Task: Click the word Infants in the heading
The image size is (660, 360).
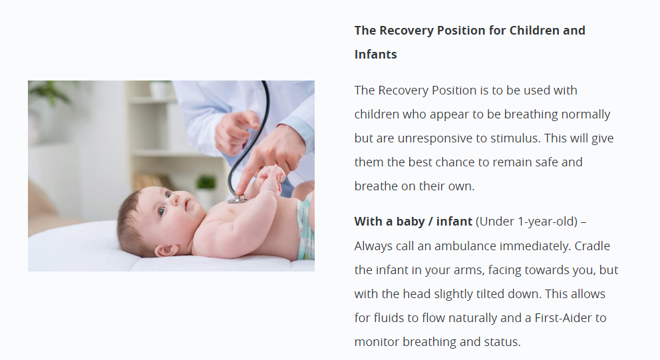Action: point(375,55)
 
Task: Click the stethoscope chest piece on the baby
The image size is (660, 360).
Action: point(238,199)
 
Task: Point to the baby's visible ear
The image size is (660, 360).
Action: point(166,251)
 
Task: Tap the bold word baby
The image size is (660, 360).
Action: point(411,222)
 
